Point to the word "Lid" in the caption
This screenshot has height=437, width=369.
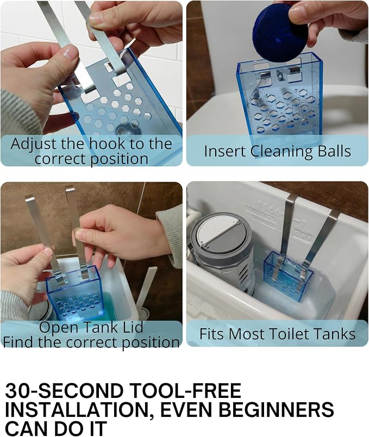point(133,327)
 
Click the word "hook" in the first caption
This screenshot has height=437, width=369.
point(107,144)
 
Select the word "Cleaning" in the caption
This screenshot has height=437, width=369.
point(282,152)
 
